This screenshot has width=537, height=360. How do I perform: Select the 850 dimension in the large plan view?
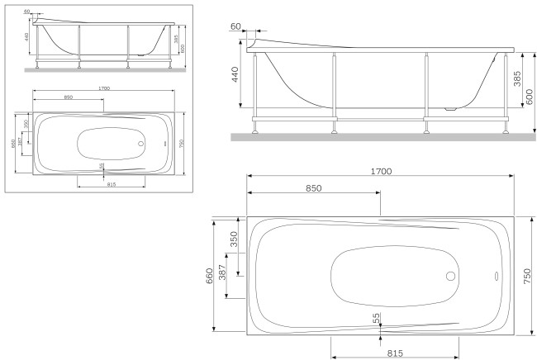(313, 187)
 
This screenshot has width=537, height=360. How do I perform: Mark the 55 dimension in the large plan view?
(377, 317)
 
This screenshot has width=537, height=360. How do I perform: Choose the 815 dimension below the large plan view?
(395, 353)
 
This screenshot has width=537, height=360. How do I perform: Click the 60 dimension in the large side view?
(236, 26)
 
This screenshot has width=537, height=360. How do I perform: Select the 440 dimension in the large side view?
(235, 77)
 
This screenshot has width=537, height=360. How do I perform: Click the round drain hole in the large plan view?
(451, 277)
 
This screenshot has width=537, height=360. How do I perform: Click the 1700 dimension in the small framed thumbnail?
(103, 88)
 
